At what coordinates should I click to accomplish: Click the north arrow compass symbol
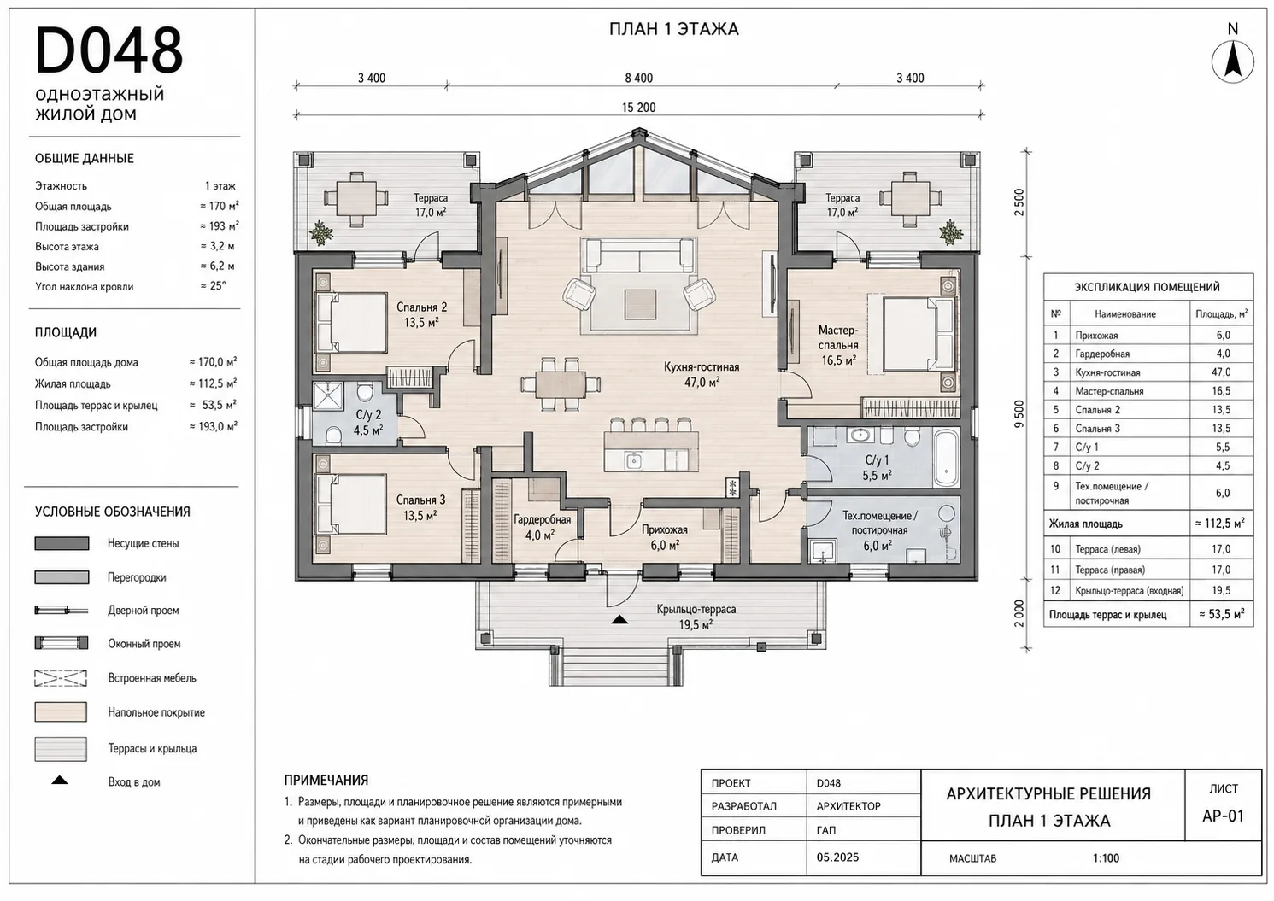pyautogui.click(x=1232, y=61)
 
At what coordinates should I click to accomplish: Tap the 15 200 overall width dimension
pyautogui.click(x=638, y=108)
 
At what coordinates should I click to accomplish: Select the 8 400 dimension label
pyautogui.click(x=638, y=78)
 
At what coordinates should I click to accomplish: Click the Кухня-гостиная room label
pyautogui.click(x=702, y=367)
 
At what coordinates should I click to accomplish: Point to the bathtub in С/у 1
pyautogui.click(x=946, y=458)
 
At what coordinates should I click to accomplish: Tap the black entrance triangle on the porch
pyautogui.click(x=619, y=620)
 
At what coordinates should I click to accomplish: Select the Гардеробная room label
pyautogui.click(x=542, y=519)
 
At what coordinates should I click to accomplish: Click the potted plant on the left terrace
pyautogui.click(x=321, y=233)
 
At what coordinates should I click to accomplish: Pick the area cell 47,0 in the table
pyautogui.click(x=1223, y=372)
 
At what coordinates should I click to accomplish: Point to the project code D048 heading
pyautogui.click(x=109, y=50)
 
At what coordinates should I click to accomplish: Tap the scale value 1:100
pyautogui.click(x=1106, y=857)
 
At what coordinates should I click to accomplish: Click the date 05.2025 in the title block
pyautogui.click(x=837, y=857)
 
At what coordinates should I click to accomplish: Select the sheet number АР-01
pyautogui.click(x=1223, y=816)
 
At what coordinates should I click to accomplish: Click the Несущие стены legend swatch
pyautogui.click(x=62, y=543)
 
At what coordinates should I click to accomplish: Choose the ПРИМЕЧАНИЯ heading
pyautogui.click(x=326, y=780)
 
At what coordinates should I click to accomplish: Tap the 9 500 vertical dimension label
pyautogui.click(x=1019, y=414)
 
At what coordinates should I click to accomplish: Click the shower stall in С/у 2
pyautogui.click(x=328, y=395)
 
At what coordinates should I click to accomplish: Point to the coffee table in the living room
pyautogui.click(x=640, y=304)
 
